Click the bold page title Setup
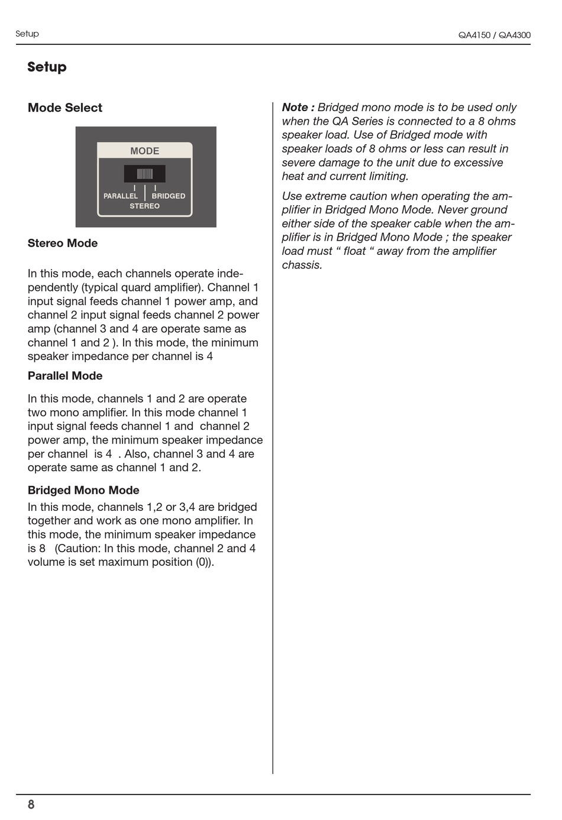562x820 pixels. tap(47, 67)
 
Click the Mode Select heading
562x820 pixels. tap(65, 108)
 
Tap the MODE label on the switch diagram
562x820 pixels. tap(145, 151)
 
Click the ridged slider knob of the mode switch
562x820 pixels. tap(145, 174)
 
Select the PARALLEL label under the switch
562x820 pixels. tap(121, 196)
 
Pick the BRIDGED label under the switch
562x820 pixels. tap(169, 196)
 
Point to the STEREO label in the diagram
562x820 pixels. tap(145, 206)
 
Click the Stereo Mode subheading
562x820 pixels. tap(63, 243)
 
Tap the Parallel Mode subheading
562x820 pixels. tap(65, 376)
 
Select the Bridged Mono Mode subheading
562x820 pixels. tap(83, 490)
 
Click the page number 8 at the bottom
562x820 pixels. tap(31, 805)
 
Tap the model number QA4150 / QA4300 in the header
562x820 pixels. tap(494, 35)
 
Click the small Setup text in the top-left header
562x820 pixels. tap(27, 34)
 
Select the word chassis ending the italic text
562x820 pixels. tap(302, 265)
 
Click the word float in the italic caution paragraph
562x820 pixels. tap(355, 251)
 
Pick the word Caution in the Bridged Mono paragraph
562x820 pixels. tap(77, 549)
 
